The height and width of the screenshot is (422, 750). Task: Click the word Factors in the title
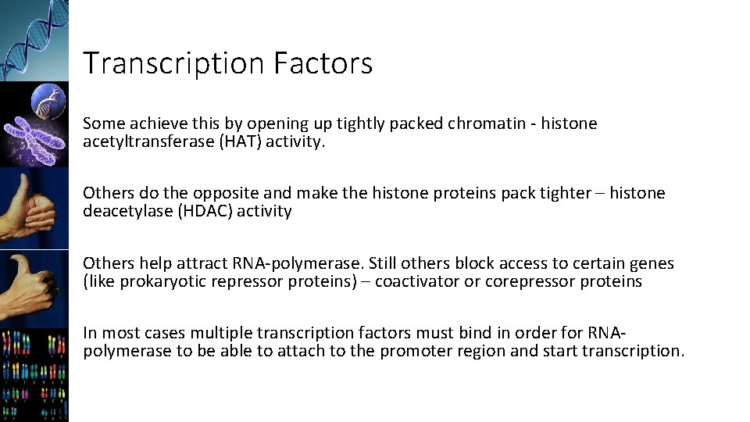point(323,63)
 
